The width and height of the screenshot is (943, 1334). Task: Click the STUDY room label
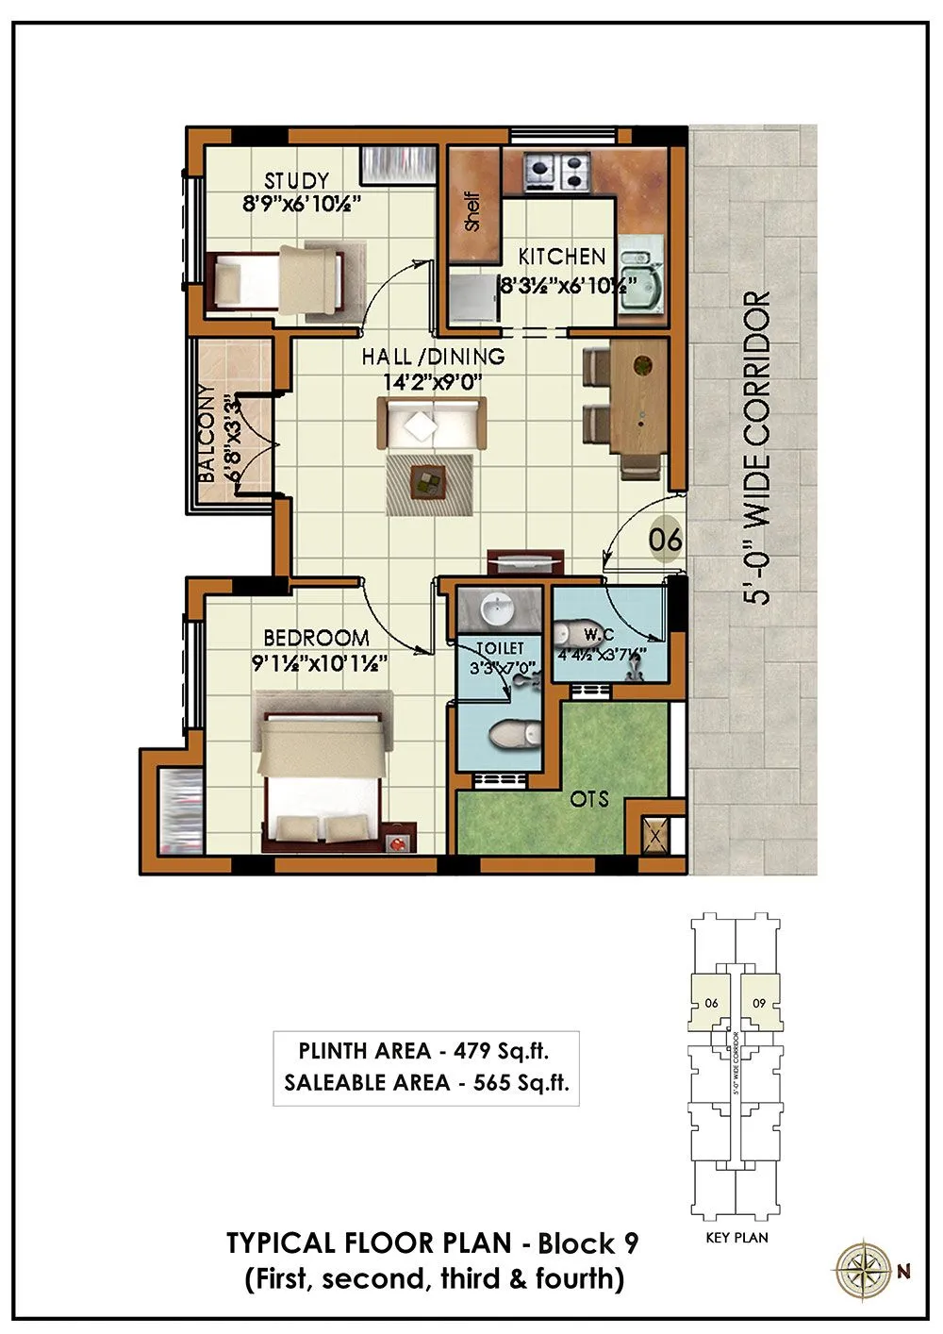(x=296, y=180)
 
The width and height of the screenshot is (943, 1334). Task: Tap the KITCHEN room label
(x=562, y=256)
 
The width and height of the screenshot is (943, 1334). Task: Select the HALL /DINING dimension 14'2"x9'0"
(x=433, y=382)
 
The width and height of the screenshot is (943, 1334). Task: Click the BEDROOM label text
(x=316, y=638)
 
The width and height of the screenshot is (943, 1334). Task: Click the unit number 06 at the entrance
(x=666, y=541)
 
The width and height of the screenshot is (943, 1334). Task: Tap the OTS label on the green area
(x=589, y=799)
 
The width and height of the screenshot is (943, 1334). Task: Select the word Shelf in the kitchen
(x=472, y=211)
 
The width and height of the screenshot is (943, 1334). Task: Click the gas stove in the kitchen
(x=556, y=171)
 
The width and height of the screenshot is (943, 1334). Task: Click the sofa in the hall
(x=432, y=422)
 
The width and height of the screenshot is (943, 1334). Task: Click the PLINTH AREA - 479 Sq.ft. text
(x=423, y=1050)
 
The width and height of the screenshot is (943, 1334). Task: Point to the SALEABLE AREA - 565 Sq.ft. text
(x=426, y=1082)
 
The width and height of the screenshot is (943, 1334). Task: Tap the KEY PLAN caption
(x=736, y=1237)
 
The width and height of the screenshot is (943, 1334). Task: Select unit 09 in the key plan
(x=759, y=1003)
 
